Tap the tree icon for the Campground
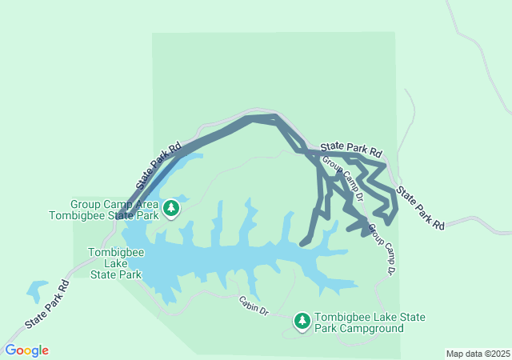coord(302,322)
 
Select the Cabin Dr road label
coord(254,306)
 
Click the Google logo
coord(26,350)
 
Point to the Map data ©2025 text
coord(478,354)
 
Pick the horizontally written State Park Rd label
coord(351,149)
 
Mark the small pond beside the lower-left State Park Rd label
coord(37,290)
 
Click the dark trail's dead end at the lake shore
coord(303,242)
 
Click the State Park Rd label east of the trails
coord(421,209)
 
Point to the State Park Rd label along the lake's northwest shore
coord(158,166)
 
